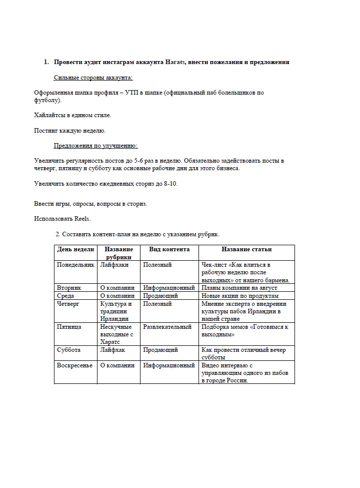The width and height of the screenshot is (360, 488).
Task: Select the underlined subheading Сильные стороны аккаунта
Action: pos(93,78)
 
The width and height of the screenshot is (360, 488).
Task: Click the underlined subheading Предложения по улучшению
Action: pos(95,146)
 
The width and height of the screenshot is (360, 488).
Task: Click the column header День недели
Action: pos(75,249)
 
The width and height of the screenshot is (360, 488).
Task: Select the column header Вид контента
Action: pos(169,249)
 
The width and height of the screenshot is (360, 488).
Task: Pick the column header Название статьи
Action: pos(246,249)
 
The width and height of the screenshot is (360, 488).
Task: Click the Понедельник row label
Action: pos(75,265)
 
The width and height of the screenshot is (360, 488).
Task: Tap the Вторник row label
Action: pos(69,288)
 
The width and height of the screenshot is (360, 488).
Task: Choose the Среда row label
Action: pos(66,296)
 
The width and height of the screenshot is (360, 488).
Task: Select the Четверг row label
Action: pos(68,304)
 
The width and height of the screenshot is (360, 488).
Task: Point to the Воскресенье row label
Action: pos(75,365)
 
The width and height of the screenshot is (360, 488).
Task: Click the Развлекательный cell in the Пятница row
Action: pos(167,327)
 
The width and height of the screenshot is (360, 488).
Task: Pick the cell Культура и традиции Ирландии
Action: pos(116,311)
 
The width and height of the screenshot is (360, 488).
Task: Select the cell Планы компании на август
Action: pos(239,288)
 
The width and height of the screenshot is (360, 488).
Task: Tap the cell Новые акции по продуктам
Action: pos(239,296)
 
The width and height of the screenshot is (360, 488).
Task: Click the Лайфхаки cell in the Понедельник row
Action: pos(114,265)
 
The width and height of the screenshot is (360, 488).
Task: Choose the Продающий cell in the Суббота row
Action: pos(158,350)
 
